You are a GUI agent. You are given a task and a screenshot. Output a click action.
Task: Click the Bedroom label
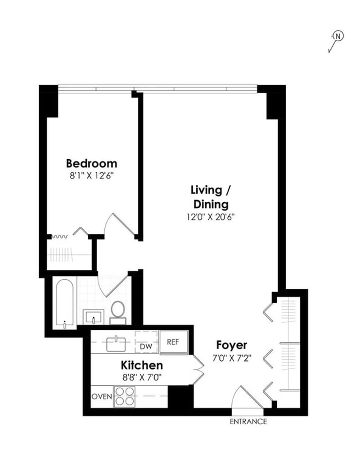pos(91,163)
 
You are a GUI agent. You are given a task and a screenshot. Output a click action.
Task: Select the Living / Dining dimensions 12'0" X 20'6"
pos(210,216)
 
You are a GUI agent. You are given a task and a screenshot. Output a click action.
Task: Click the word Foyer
pos(232,345)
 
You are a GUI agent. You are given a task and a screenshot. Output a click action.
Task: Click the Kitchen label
pos(141,365)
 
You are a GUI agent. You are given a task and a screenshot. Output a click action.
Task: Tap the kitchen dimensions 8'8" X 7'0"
pos(141,377)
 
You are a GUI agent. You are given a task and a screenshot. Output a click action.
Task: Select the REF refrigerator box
pos(173,342)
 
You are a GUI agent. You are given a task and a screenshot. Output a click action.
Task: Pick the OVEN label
pos(102,397)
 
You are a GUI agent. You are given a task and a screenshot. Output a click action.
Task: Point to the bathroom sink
pos(94,316)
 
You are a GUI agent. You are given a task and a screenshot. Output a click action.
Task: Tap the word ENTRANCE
pos(248,422)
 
